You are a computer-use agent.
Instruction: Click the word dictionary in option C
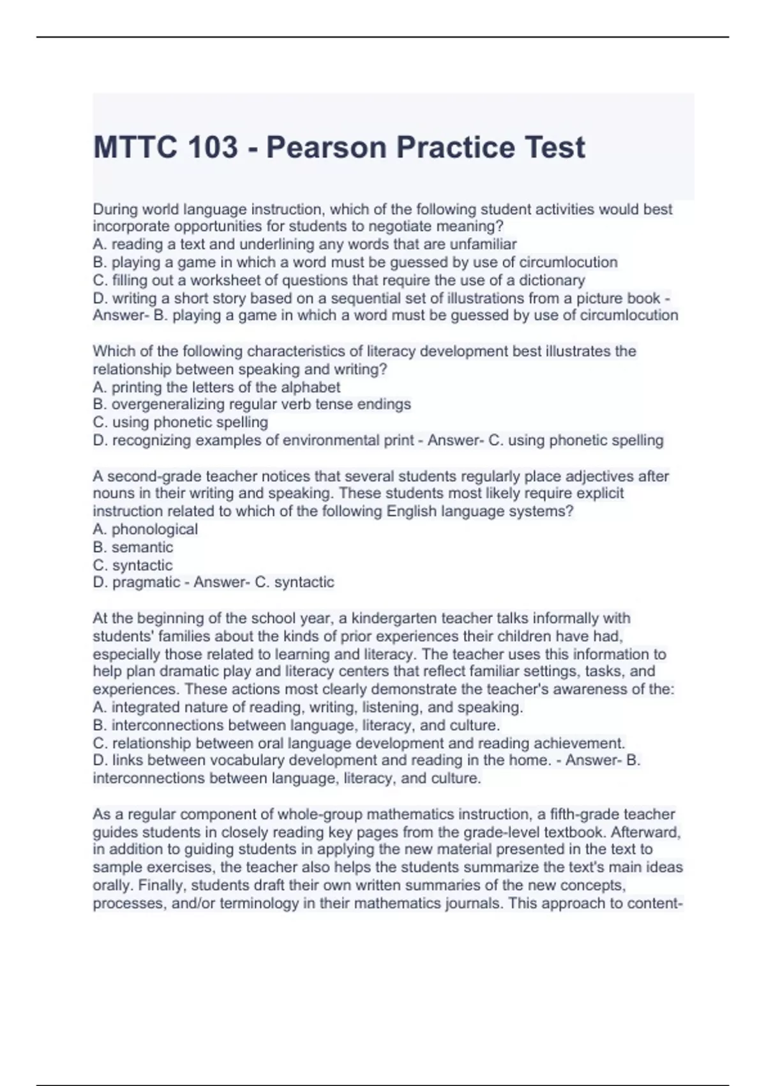pyautogui.click(x=552, y=280)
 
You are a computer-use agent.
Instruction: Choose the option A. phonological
pyautogui.click(x=146, y=529)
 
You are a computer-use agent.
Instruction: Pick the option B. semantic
pyautogui.click(x=133, y=547)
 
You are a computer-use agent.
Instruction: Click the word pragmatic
pyautogui.click(x=146, y=582)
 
